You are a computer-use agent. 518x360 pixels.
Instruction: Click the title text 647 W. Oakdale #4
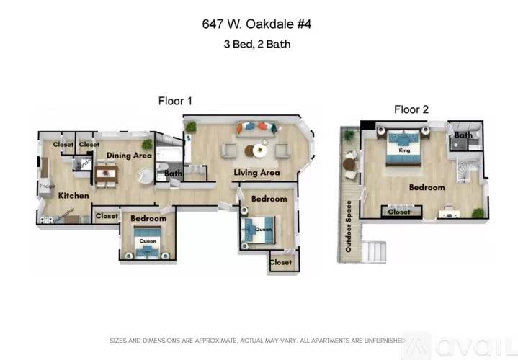(x=259, y=24)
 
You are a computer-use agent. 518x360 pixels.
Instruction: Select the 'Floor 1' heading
(x=175, y=102)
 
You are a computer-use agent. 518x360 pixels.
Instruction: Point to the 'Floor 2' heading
(x=411, y=109)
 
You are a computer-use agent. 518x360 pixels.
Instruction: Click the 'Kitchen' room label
(x=73, y=195)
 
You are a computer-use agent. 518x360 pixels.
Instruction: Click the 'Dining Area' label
(x=129, y=155)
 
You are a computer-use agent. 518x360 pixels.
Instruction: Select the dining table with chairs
(x=107, y=173)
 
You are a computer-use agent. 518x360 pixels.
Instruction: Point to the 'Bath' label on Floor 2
(x=463, y=135)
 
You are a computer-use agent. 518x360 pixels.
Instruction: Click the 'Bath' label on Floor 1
(x=173, y=174)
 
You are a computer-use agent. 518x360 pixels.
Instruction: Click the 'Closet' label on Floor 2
(x=398, y=212)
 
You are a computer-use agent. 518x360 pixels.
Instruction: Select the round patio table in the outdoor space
(x=350, y=165)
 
